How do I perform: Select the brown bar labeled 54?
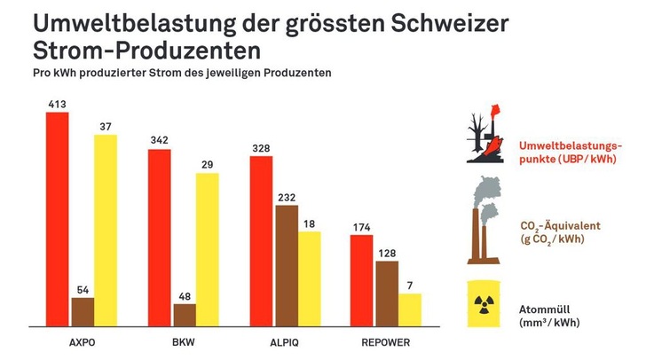[x=83, y=312]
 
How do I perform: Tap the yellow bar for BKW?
[x=208, y=249]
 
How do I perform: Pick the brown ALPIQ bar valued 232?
[x=287, y=266]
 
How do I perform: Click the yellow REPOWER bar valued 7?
[x=410, y=309]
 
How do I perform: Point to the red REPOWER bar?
[x=362, y=282]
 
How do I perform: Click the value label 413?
[x=58, y=105]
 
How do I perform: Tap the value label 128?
[x=386, y=254]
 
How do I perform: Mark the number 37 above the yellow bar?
[x=106, y=127]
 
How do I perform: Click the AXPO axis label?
[x=82, y=340]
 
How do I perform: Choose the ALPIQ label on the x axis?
[x=285, y=340]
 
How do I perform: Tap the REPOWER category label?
[x=386, y=340]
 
